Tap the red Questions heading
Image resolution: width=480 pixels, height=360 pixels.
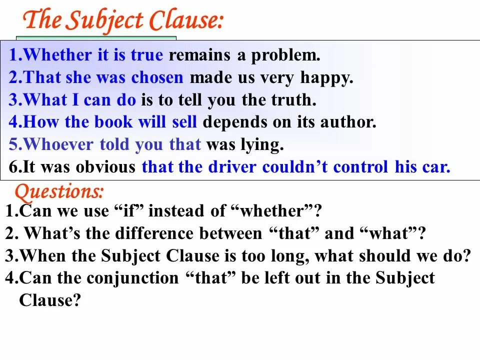59,191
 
